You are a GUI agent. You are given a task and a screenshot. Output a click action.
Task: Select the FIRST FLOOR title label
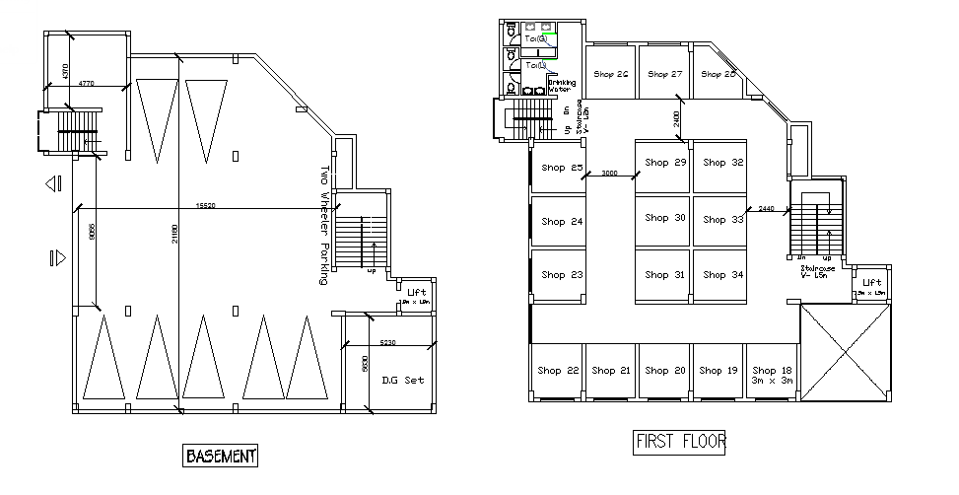point(679,441)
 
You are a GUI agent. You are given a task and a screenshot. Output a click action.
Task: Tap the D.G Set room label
point(402,380)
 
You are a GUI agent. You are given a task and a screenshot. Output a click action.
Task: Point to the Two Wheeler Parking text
point(323,225)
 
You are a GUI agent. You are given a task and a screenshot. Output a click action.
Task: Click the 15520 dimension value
point(206,206)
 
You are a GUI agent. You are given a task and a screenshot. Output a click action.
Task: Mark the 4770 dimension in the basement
point(87,84)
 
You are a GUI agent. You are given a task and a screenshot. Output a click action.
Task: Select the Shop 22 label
point(558,371)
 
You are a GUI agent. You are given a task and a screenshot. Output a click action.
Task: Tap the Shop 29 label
point(665,163)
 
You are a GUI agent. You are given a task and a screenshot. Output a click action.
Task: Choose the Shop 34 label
point(723,275)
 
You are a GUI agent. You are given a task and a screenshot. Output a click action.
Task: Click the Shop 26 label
point(610,75)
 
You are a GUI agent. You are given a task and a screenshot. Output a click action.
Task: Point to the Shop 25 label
point(562,168)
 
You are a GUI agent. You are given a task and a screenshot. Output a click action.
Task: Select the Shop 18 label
point(773,371)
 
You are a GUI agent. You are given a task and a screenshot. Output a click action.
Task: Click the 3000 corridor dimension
point(609,173)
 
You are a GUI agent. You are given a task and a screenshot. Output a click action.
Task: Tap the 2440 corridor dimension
point(767,208)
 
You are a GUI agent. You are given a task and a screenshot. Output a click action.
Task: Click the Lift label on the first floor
point(872,283)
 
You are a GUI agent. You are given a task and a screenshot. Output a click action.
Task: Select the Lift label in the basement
point(416,292)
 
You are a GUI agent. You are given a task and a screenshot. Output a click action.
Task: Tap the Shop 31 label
point(665,275)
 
